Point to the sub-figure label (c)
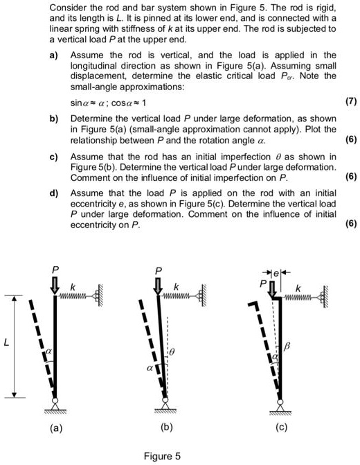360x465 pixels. (x=280, y=428)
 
